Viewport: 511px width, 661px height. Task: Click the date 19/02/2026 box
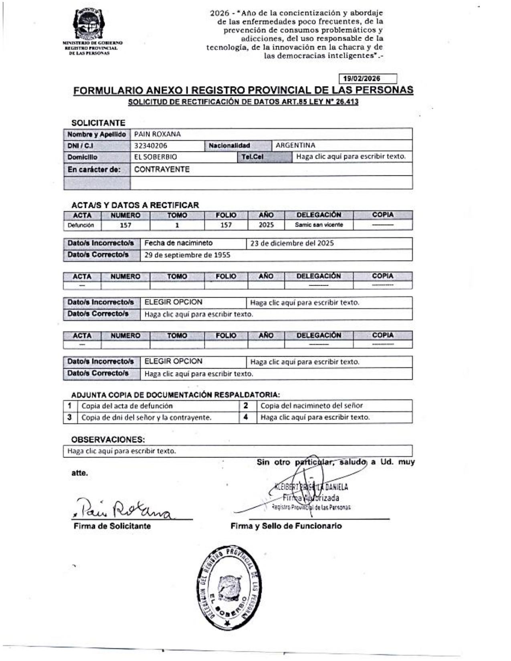(368, 79)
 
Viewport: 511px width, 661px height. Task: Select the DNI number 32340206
(151, 146)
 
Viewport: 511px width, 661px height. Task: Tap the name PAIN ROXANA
(158, 134)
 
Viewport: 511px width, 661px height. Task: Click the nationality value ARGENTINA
(295, 145)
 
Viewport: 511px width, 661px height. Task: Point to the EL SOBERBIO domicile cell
(156, 157)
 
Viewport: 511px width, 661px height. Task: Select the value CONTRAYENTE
(162, 169)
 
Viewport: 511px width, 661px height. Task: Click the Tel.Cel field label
(252, 157)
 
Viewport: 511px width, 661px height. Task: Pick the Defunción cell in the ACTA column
(81, 225)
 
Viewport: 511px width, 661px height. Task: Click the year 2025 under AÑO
(266, 225)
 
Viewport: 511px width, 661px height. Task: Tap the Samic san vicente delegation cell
(319, 225)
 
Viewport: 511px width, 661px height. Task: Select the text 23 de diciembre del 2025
(292, 243)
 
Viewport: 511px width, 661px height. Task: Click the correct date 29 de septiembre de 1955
(188, 255)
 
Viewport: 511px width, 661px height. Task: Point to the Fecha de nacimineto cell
(179, 243)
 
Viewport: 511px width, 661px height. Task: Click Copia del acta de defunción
(127, 406)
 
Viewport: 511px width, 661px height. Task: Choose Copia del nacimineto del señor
(311, 406)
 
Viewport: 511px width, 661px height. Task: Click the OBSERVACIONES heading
(108, 439)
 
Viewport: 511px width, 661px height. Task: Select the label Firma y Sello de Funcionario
(286, 526)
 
